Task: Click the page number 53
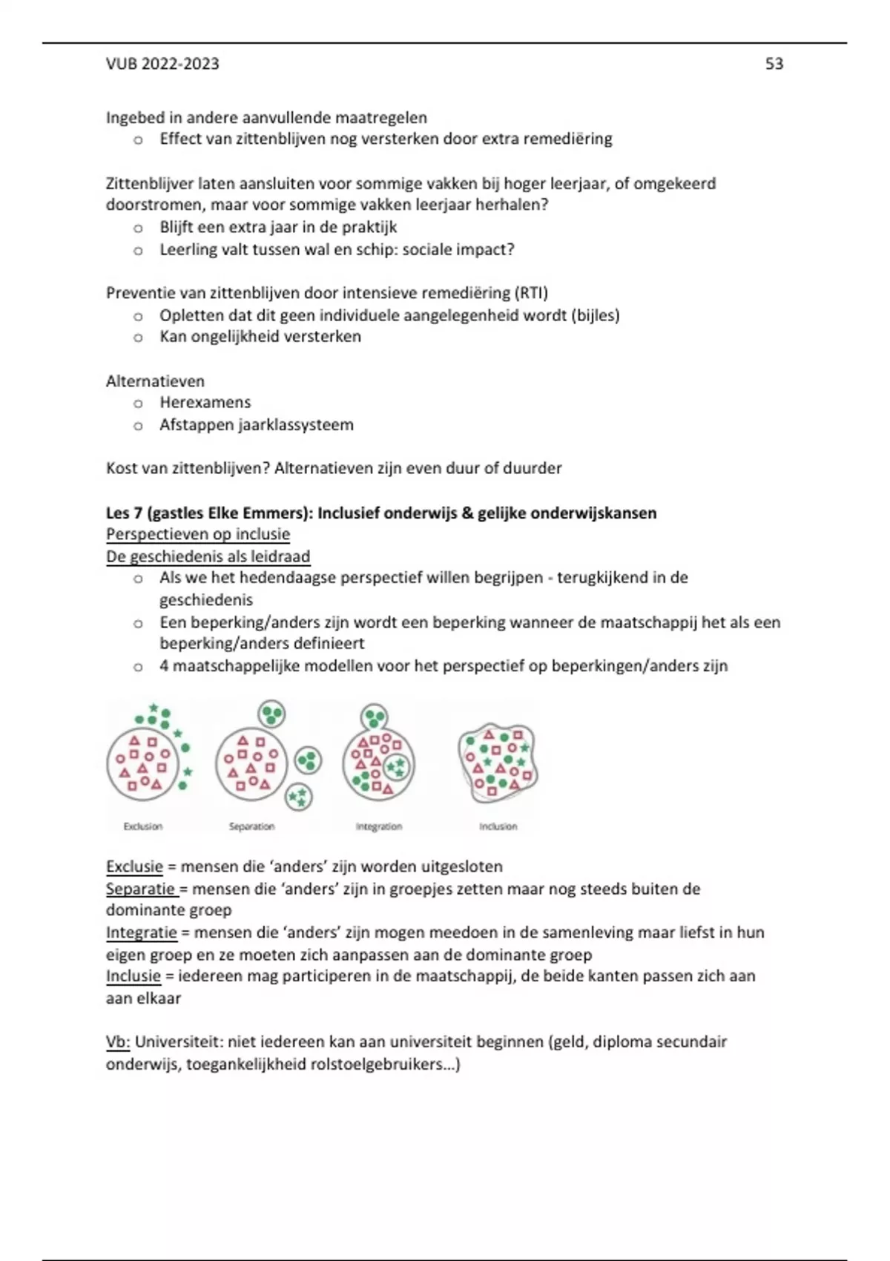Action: click(x=774, y=64)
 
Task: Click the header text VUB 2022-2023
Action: click(x=162, y=64)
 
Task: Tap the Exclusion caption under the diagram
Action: click(x=142, y=826)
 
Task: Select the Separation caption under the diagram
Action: click(x=251, y=826)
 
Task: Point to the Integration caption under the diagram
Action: click(x=378, y=826)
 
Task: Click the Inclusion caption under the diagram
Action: click(x=498, y=826)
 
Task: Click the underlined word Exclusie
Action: click(x=134, y=866)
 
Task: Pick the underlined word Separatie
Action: click(x=140, y=889)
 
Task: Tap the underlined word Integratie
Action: click(x=142, y=932)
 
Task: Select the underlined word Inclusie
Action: click(x=133, y=976)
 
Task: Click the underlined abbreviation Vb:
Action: click(x=118, y=1041)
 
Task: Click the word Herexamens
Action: click(x=205, y=403)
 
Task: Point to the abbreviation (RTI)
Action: click(x=531, y=293)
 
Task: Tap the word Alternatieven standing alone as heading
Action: click(x=155, y=381)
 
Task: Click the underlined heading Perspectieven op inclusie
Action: click(x=198, y=535)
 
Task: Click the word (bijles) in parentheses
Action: click(x=595, y=315)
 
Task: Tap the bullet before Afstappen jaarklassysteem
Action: click(x=138, y=426)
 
